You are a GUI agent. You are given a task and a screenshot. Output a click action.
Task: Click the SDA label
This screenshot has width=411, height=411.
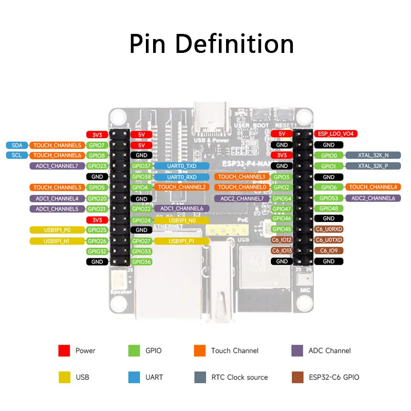click(16, 145)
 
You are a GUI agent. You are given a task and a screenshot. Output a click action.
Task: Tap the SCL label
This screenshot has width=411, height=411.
click(16, 155)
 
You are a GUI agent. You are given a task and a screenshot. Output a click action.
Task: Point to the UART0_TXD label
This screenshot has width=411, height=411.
click(181, 166)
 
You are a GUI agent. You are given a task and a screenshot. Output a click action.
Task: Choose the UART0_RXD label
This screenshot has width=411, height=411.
click(181, 177)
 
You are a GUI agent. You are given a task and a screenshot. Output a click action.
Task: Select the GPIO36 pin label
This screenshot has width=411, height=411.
click(141, 262)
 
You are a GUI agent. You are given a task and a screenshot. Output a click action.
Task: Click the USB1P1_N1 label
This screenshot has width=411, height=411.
click(57, 241)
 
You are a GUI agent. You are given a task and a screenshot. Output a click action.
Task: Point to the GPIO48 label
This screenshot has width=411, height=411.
click(329, 209)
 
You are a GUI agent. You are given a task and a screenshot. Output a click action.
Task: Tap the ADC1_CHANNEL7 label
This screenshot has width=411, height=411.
click(57, 166)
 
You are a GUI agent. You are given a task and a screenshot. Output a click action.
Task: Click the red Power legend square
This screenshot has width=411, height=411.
click(64, 351)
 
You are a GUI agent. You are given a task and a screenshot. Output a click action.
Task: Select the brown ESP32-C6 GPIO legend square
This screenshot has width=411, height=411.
click(297, 377)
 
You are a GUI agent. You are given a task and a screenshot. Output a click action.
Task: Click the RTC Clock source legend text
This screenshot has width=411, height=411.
click(239, 377)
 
